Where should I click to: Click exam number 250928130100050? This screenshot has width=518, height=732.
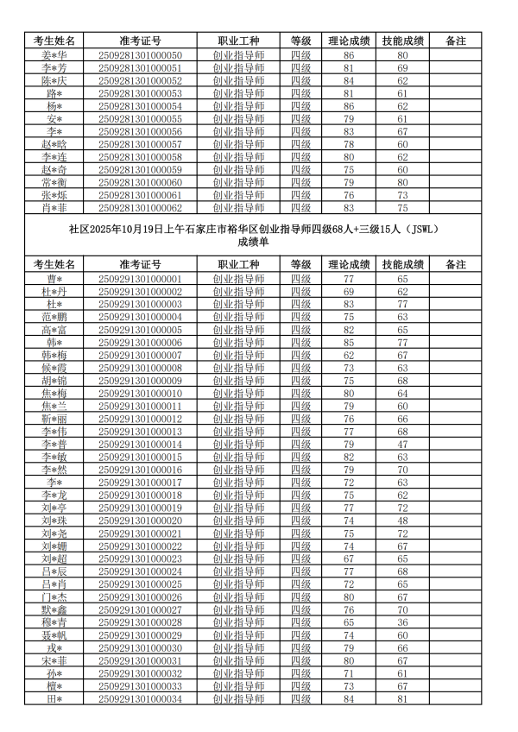point(140,55)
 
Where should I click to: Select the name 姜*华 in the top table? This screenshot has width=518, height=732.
point(54,55)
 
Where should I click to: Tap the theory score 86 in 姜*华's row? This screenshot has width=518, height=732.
point(349,55)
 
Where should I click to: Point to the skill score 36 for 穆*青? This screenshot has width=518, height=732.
point(402,622)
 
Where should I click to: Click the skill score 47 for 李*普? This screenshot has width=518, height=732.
point(402,445)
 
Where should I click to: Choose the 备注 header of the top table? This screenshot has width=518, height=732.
point(454,41)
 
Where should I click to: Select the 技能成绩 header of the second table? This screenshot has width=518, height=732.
point(402,264)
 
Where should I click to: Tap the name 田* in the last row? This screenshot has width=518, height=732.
point(54,698)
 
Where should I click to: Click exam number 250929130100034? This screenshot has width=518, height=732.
point(140,698)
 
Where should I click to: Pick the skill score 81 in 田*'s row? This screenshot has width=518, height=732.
point(402,698)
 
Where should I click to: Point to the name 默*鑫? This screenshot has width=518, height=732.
point(54,609)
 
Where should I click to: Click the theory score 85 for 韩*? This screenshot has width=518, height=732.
point(349,343)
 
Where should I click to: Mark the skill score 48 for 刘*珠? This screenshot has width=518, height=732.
point(402,521)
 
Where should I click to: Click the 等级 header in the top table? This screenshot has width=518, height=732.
point(300,41)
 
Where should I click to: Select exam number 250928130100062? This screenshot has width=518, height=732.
point(140,208)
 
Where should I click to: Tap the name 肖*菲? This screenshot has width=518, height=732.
point(54,208)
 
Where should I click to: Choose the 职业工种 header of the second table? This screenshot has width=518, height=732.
point(239,264)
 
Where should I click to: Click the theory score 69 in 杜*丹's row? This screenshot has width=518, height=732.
point(349,292)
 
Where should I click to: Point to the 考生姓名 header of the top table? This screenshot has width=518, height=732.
point(54,41)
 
